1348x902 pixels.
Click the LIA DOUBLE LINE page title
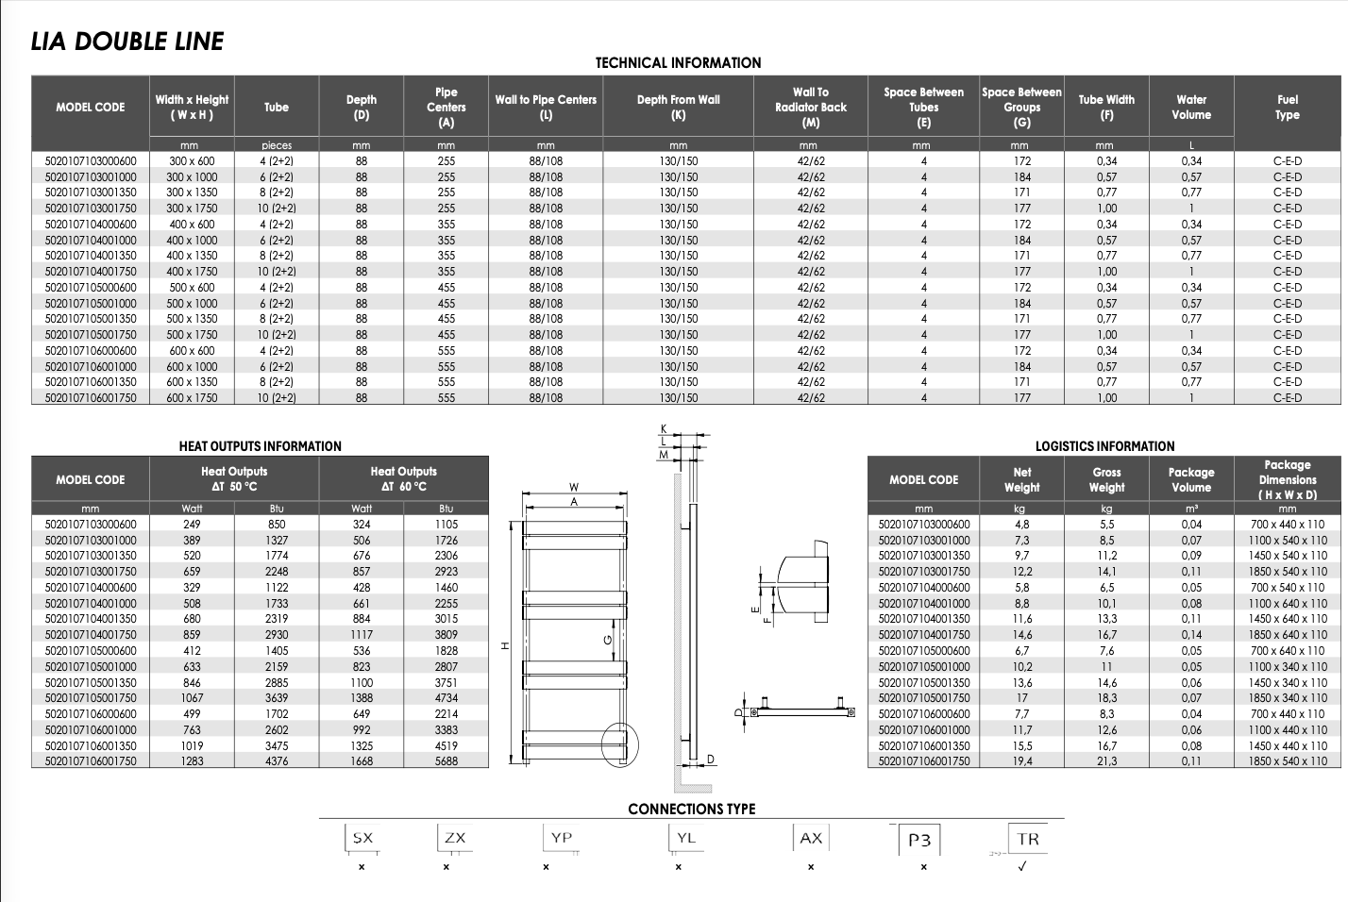127,42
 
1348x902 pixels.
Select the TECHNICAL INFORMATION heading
678,63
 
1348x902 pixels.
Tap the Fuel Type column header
1288,107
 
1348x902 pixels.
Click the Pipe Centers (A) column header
447,107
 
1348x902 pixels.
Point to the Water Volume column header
1191,107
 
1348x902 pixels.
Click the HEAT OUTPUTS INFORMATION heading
261,446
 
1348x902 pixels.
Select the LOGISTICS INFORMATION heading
1104,446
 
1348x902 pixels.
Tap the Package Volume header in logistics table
1191,479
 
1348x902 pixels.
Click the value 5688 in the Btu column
447,761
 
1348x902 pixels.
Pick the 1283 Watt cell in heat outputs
193,761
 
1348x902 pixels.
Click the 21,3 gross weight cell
1106,761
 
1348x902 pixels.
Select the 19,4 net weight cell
1022,761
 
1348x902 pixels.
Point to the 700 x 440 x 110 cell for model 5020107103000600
1288,525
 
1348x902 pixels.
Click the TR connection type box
1028,839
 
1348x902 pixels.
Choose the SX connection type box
362,838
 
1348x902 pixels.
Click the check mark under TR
1022,867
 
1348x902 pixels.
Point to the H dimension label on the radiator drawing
505,645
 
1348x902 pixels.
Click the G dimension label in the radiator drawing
608,640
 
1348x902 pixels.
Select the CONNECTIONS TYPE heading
692,810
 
